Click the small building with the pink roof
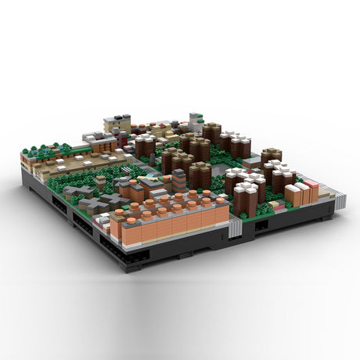tap(311, 185)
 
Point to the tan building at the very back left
tap(117, 124)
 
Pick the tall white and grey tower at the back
tap(195, 121)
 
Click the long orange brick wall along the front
tap(168, 228)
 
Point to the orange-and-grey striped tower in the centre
tap(179, 180)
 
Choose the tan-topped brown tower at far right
tap(272, 155)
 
